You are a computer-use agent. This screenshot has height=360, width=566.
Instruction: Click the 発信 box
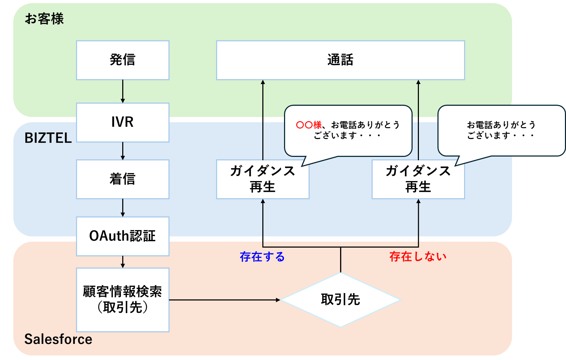[x=123, y=60]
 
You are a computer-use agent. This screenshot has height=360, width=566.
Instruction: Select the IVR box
[x=123, y=122]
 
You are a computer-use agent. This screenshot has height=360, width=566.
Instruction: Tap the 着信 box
[x=123, y=179]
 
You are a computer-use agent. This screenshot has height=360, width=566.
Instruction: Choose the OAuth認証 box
[x=123, y=236]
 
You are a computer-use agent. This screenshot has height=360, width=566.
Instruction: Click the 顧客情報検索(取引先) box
[x=123, y=299]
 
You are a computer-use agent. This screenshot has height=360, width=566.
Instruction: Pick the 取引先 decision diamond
[x=340, y=300]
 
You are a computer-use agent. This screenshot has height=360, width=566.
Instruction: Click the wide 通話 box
[x=340, y=60]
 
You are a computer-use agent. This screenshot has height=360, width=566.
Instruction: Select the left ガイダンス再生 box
[x=263, y=179]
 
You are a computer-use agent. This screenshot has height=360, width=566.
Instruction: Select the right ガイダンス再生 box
[x=418, y=179]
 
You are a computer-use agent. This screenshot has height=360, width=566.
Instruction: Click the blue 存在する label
[x=262, y=257]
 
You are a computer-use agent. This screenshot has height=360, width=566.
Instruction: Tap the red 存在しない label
[x=418, y=257]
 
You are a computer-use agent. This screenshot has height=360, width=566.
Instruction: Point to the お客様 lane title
[x=44, y=19]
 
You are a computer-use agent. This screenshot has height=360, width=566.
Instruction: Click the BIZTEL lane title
[x=48, y=138]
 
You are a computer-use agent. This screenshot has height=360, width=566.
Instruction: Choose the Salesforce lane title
[x=58, y=339]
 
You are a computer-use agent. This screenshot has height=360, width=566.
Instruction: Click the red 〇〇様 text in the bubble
[x=309, y=125]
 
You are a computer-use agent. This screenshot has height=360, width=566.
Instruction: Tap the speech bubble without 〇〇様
[x=501, y=130]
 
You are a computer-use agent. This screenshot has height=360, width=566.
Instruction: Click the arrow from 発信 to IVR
[x=123, y=91]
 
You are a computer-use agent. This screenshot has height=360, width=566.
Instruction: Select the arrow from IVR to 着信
[x=123, y=151]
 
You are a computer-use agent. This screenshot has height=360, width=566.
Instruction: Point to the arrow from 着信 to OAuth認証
[x=123, y=208]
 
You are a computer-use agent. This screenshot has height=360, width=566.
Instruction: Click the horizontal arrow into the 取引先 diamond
[x=224, y=300]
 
